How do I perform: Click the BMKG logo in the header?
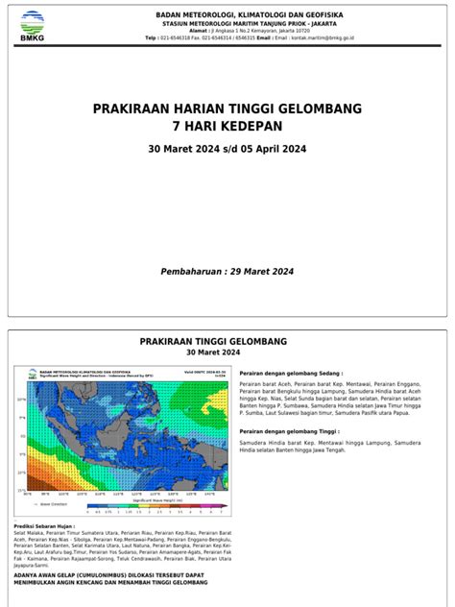(33, 26)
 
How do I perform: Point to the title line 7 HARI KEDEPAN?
(227, 127)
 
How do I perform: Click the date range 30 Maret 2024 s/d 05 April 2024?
(227, 150)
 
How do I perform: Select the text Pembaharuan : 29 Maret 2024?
(227, 272)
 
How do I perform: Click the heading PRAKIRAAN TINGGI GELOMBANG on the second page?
(227, 341)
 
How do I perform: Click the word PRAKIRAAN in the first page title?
(132, 110)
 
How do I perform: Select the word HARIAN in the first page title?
(199, 110)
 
